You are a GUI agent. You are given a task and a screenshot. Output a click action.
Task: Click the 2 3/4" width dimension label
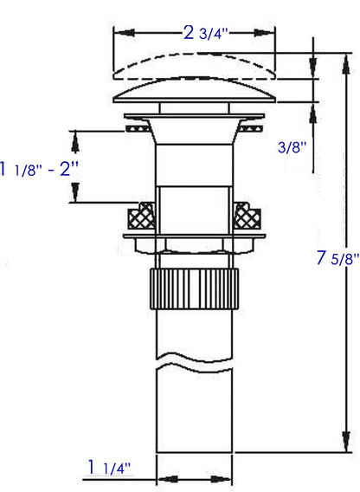(x=205, y=34)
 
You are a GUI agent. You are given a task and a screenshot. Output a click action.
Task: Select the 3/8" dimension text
(x=292, y=148)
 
